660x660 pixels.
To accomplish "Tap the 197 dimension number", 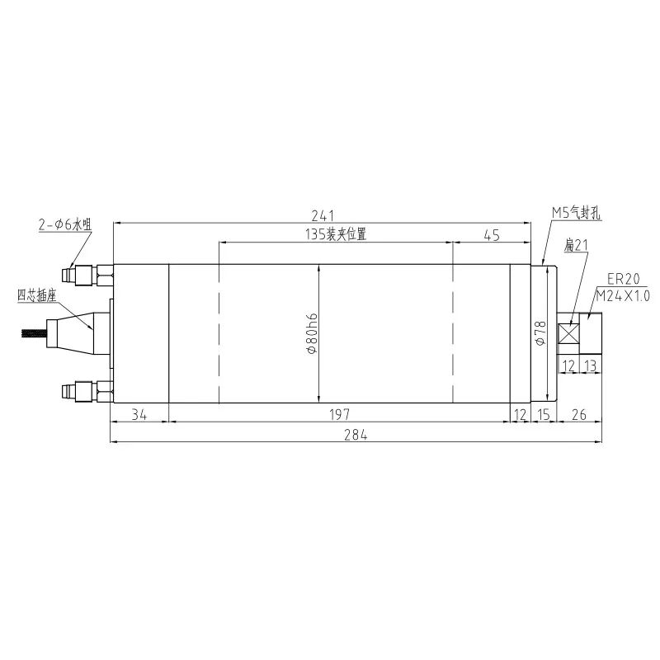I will click(x=338, y=415).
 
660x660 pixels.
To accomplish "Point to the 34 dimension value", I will click(x=139, y=415).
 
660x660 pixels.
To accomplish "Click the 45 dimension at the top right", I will click(x=491, y=235).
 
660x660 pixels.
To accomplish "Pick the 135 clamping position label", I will click(x=335, y=235).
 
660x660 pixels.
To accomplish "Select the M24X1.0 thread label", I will click(x=623, y=295).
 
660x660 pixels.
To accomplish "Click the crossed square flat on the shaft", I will click(x=568, y=334).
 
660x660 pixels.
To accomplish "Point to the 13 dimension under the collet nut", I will click(x=592, y=364).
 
